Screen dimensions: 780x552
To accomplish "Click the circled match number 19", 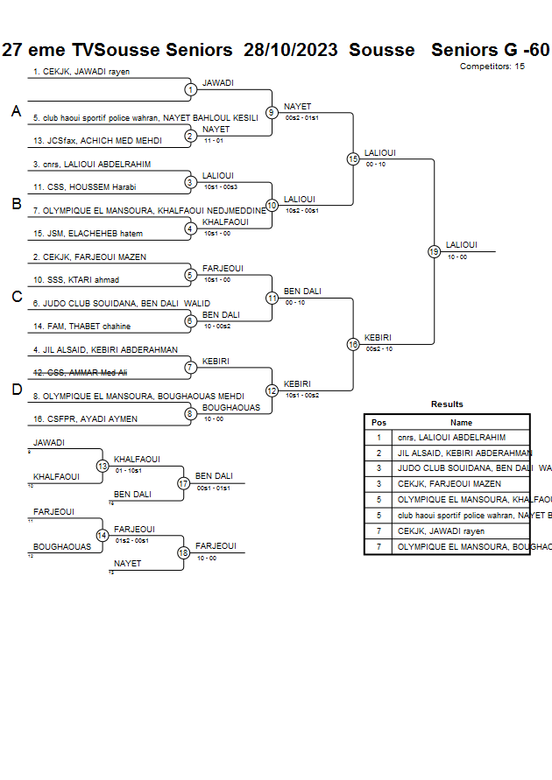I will point(434,252).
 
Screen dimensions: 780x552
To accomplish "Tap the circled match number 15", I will point(353,159).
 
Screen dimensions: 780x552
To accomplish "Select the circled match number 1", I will point(190,89).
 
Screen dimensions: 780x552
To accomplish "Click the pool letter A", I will point(16,112).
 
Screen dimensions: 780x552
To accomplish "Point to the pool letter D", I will point(16,390).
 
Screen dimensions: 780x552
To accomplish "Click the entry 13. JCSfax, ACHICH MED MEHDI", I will point(97,140).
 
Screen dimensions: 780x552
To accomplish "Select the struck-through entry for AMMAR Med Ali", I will point(86,373).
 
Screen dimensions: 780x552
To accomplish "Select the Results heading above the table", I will point(447,404).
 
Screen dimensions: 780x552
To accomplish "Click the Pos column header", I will point(379,423).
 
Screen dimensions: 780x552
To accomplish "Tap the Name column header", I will point(461,423).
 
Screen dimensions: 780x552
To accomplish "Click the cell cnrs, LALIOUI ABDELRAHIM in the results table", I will point(451,438).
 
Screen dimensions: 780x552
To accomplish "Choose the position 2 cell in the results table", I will point(379,453).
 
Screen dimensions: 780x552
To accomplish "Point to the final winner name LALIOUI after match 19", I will point(462,245).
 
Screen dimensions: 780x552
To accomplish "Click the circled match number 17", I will point(184,483).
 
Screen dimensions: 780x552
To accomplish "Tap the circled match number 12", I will point(272,390).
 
